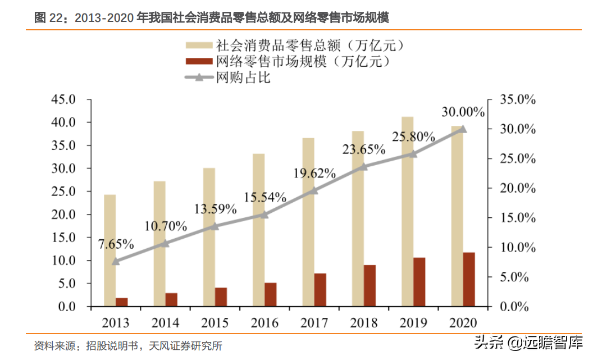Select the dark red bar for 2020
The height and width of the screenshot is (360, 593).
click(x=469, y=280)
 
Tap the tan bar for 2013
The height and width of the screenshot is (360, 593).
click(x=110, y=250)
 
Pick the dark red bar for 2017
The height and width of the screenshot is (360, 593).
click(x=320, y=290)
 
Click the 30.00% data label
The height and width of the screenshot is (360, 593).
click(x=463, y=112)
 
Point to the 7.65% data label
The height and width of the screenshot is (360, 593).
click(x=116, y=244)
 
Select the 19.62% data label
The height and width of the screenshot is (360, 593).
click(x=314, y=173)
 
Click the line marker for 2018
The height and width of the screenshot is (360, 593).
click(x=363, y=166)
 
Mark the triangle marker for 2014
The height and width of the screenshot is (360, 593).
click(x=165, y=243)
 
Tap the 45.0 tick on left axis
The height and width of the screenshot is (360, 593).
click(x=63, y=99)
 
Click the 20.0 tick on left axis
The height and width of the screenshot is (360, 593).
click(x=63, y=215)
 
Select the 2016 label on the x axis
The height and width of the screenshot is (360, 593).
click(x=264, y=323)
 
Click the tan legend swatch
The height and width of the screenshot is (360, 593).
click(x=199, y=45)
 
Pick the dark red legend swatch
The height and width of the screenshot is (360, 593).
click(x=199, y=61)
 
